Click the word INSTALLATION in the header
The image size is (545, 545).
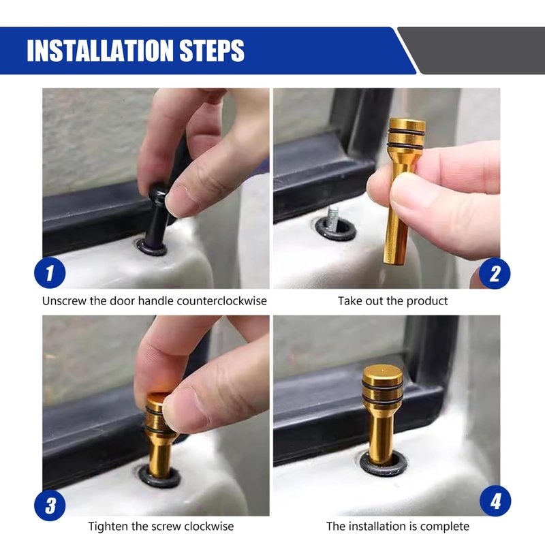coord(100,50)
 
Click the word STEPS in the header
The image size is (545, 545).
coord(212,50)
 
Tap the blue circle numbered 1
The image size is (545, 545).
coord(50,273)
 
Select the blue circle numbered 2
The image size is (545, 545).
coord(495,274)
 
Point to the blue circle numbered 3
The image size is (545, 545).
coord(50,505)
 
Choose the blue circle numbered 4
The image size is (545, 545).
coord(495,501)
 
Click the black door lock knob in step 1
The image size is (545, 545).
coord(157,215)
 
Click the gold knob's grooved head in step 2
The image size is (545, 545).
coord(406,134)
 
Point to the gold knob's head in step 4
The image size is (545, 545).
coord(382,385)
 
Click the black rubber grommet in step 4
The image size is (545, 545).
coord(383,465)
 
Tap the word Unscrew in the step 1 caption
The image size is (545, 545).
coord(64,301)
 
